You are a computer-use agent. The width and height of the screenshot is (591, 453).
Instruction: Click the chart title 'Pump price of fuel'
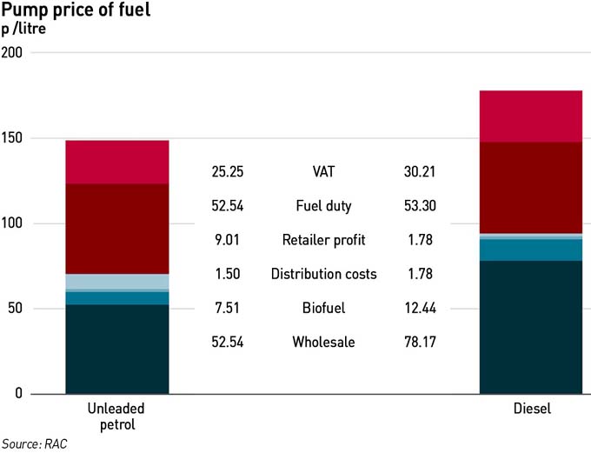[75, 10]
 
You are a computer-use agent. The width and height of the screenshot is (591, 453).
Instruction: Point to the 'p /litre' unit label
[23, 29]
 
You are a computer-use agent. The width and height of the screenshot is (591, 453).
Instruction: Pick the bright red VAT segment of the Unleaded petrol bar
[117, 162]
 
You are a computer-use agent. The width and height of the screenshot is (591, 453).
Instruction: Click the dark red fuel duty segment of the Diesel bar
[531, 188]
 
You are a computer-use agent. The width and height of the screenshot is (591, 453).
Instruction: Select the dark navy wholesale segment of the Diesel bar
[531, 327]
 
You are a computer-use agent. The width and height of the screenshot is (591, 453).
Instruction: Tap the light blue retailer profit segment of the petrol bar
[117, 281]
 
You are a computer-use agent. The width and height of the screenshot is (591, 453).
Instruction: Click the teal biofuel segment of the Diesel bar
[531, 250]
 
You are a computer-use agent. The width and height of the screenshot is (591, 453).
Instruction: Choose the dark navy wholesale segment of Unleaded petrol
[117, 349]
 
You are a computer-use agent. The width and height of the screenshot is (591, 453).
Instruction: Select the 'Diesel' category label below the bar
[531, 410]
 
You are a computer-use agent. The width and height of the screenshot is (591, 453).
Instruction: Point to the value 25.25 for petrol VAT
[228, 172]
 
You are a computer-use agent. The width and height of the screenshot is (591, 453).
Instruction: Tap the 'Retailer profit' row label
[324, 240]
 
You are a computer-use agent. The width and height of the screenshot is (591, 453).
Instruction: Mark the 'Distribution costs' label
[324, 274]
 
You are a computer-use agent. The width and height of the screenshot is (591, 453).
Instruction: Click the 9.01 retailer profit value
[228, 240]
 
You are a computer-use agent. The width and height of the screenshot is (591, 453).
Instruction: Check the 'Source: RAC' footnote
[34, 443]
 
